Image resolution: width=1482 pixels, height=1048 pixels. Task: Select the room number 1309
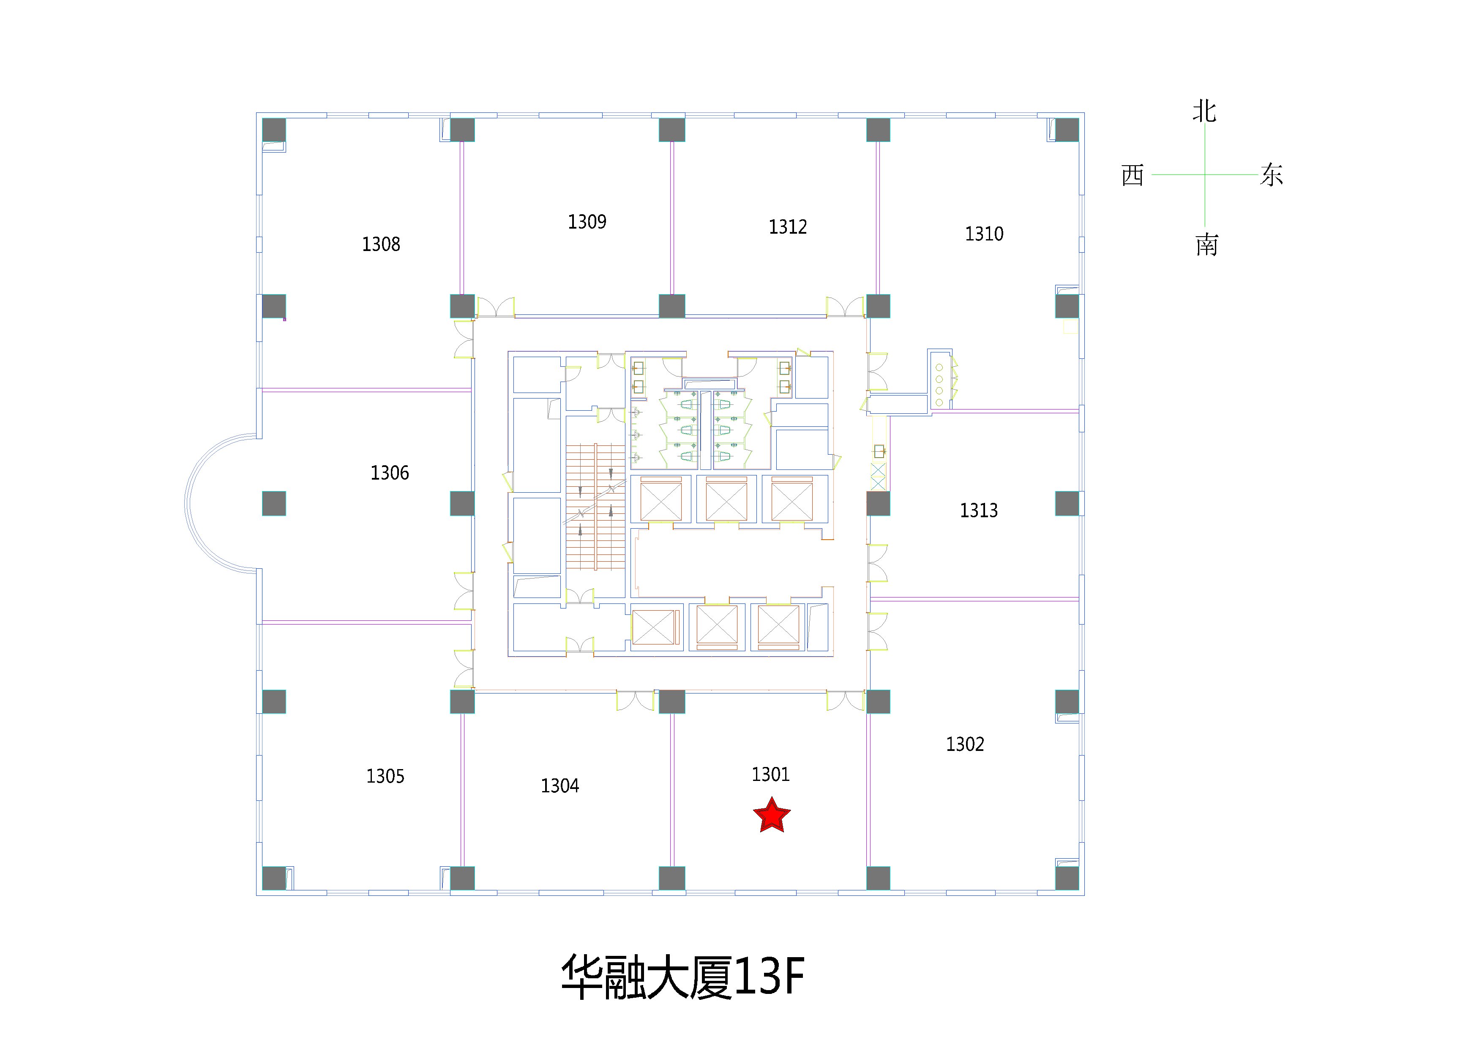(587, 222)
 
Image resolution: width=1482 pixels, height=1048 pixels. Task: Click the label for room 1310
(984, 234)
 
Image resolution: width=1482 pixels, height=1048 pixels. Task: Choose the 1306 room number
(389, 473)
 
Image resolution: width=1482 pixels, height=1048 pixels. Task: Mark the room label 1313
(979, 511)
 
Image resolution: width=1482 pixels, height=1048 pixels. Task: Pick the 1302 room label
(965, 745)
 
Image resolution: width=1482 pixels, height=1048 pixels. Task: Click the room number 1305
(385, 776)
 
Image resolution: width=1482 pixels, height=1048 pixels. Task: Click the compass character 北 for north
(1204, 111)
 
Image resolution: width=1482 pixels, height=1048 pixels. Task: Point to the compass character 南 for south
(1206, 245)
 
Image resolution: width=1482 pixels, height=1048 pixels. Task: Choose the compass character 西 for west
(1133, 175)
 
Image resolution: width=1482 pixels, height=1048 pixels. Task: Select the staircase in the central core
(595, 507)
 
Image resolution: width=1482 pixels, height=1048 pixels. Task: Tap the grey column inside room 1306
(274, 503)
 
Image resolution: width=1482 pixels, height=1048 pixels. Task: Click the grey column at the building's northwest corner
(274, 130)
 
